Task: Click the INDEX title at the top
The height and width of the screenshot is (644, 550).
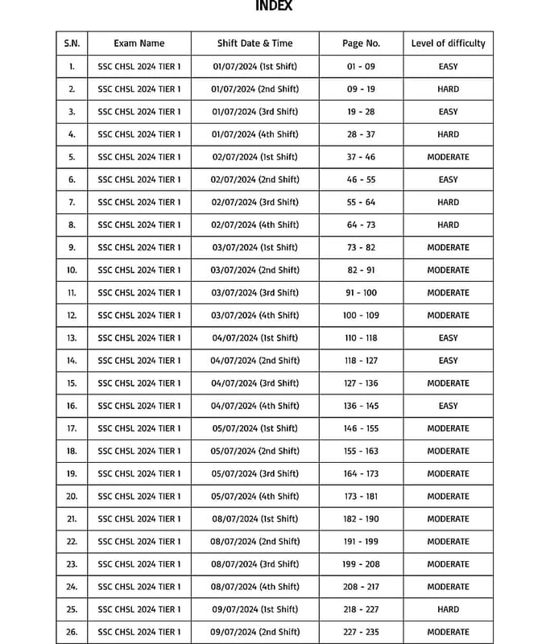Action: [274, 6]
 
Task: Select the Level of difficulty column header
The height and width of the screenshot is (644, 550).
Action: [448, 43]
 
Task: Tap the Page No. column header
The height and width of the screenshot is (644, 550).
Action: [361, 43]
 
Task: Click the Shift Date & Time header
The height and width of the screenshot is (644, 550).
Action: [254, 43]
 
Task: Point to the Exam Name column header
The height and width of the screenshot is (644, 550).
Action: [139, 43]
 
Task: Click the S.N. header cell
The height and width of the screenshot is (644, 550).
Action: [72, 43]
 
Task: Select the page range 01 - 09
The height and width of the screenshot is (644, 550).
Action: [361, 67]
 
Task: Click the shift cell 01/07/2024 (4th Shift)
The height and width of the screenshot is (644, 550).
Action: [254, 134]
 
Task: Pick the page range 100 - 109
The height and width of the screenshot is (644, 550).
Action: [361, 316]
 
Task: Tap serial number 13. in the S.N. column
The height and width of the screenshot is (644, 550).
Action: [72, 338]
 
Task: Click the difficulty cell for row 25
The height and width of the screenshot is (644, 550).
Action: [448, 609]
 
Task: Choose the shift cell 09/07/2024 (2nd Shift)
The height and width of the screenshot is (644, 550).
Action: [254, 632]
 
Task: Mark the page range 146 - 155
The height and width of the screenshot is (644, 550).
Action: [361, 428]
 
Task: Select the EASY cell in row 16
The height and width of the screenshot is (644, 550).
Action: [448, 406]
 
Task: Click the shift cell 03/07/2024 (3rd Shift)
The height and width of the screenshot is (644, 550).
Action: [254, 293]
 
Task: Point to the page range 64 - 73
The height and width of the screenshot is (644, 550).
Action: [361, 225]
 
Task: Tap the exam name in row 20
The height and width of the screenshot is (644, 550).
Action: [139, 496]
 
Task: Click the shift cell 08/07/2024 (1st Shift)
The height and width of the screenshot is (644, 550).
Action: [254, 519]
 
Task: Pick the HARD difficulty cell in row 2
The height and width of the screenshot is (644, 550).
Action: [448, 89]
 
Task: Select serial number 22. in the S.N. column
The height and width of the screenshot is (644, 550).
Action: [72, 542]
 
